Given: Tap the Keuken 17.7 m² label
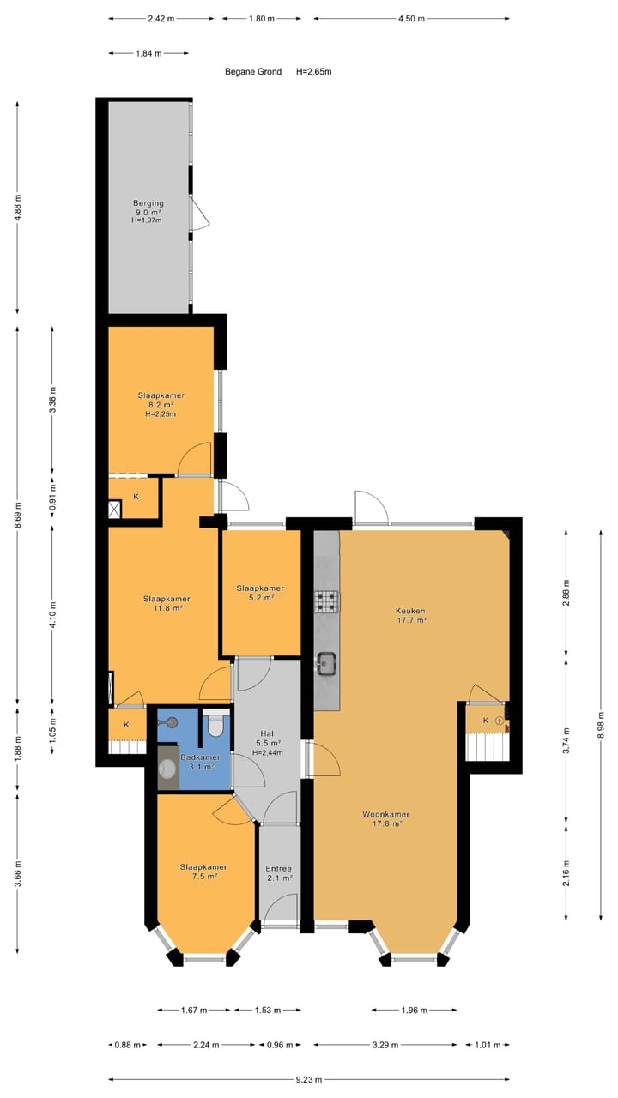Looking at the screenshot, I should tap(411, 615).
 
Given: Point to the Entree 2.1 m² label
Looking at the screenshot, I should tap(278, 873).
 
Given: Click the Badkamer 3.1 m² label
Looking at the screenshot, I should tap(199, 761).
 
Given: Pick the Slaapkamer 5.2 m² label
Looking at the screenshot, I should tap(260, 593).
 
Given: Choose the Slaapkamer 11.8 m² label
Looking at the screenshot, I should tap(167, 603).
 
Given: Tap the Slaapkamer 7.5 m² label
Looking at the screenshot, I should tap(203, 871).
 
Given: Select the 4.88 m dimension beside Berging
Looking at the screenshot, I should tap(18, 208).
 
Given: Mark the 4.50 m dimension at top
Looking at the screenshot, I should tap(411, 18).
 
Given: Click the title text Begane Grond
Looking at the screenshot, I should tap(253, 72).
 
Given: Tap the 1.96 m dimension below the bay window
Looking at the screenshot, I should tap(414, 1010).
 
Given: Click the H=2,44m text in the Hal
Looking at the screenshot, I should tap(268, 752).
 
